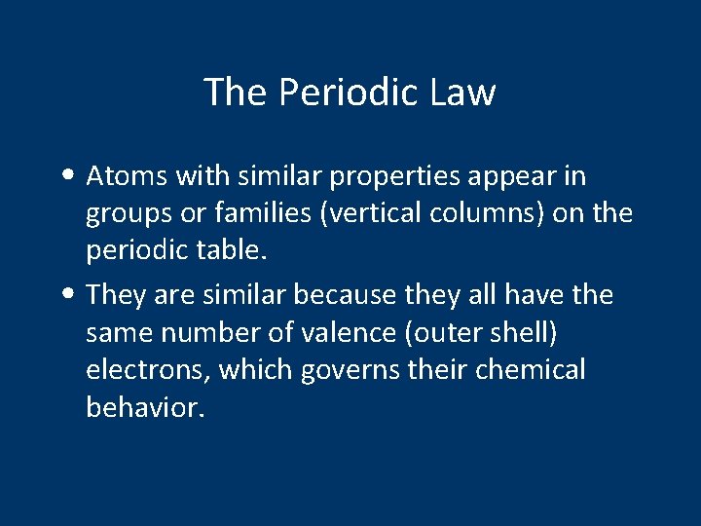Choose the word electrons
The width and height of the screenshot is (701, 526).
[x=146, y=370]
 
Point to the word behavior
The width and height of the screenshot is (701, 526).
[x=143, y=406]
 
